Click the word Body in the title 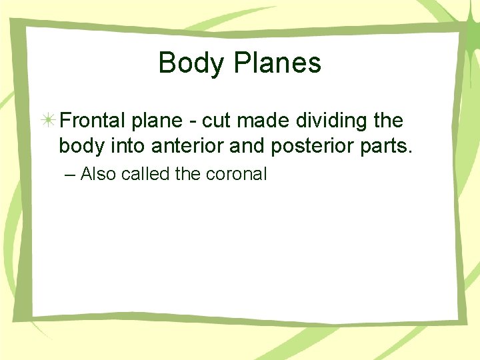[x=187, y=63]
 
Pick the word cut [x=214, y=121]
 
